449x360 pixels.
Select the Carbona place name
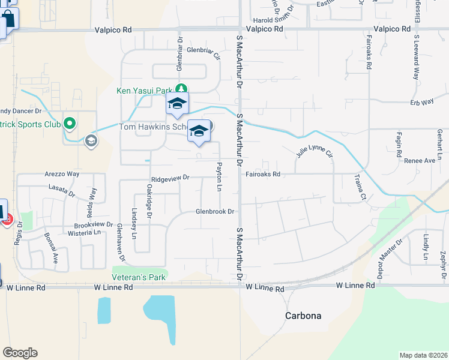click(303, 316)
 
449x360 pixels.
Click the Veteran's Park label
click(138, 277)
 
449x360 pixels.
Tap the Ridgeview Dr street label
click(170, 178)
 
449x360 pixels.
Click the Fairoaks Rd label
click(263, 175)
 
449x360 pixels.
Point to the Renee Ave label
click(420, 161)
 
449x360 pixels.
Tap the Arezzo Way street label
click(61, 174)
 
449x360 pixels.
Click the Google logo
click(20, 353)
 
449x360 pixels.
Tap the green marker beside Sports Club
click(70, 124)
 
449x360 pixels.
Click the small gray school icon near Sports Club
click(91, 140)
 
